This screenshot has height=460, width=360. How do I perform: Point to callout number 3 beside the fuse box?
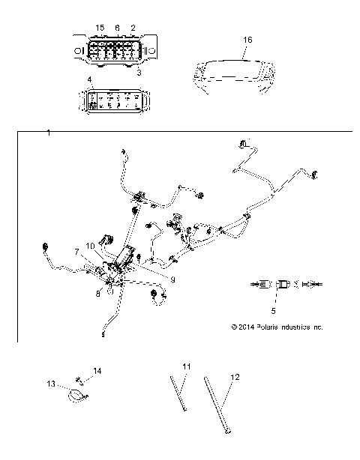(139, 73)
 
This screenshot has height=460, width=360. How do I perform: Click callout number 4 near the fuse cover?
(89, 79)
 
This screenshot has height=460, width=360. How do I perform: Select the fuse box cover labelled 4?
(115, 101)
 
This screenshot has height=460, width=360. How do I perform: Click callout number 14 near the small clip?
(97, 370)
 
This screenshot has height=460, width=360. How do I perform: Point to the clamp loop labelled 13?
(76, 392)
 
